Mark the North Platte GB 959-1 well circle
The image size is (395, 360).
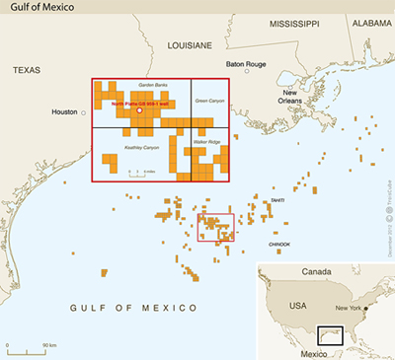pyautogui.click(x=139, y=111)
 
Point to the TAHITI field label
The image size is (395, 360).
pyautogui.click(x=277, y=200)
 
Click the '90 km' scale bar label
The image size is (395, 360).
pyautogui.click(x=46, y=345)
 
